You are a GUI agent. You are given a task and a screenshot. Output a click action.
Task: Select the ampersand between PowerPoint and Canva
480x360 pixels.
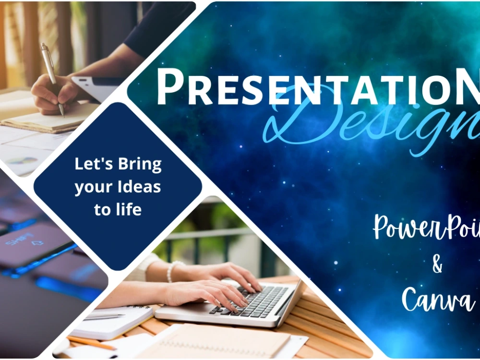tap(437, 264)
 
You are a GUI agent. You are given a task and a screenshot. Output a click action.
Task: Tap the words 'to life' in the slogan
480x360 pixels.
tap(118, 209)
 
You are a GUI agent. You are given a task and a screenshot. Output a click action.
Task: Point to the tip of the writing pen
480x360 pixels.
tap(62, 115)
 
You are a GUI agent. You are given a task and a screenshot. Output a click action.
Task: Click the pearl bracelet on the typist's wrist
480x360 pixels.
tap(172, 271)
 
